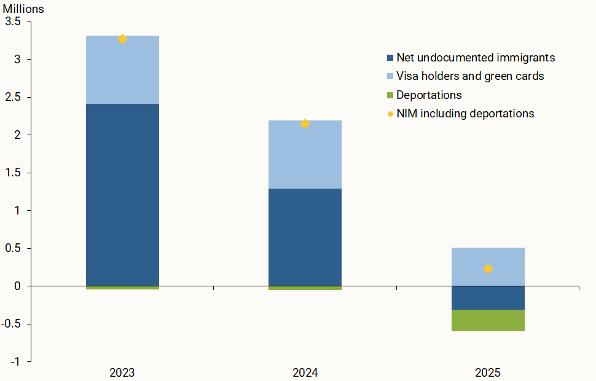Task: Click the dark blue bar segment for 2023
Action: [x=122, y=195]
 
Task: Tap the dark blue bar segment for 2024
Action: [x=305, y=237]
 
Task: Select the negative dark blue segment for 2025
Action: [x=488, y=298]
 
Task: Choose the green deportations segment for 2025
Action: [x=488, y=320]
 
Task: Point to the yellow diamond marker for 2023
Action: [x=122, y=39]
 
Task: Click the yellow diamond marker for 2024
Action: [x=305, y=124]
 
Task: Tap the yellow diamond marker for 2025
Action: [x=488, y=269]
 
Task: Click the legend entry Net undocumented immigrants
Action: [x=475, y=58]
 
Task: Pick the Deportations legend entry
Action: [x=429, y=95]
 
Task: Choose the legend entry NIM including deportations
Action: [x=465, y=114]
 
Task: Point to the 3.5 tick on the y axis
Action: [x=13, y=22]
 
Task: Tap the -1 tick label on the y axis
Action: [x=15, y=362]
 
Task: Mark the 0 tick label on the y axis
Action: [x=18, y=286]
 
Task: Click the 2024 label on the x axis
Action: [x=305, y=372]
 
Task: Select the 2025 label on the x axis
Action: [x=488, y=372]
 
